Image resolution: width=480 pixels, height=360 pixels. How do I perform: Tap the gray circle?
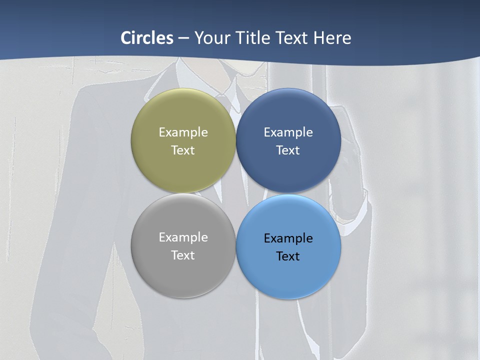point(183,275)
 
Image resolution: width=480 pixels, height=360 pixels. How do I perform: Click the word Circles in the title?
point(147,37)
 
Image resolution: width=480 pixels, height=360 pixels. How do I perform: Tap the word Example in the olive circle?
point(183,132)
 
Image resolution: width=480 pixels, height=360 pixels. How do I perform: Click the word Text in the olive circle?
point(183,150)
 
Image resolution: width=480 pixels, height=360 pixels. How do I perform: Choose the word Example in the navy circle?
point(288,132)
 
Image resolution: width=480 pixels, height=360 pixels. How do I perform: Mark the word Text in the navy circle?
point(288,150)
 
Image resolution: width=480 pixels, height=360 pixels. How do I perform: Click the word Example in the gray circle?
point(183,237)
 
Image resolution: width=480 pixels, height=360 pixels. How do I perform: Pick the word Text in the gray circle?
point(183,255)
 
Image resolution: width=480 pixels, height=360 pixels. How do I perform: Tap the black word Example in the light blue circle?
point(288,238)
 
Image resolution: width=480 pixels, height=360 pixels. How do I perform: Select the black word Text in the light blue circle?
point(288,256)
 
